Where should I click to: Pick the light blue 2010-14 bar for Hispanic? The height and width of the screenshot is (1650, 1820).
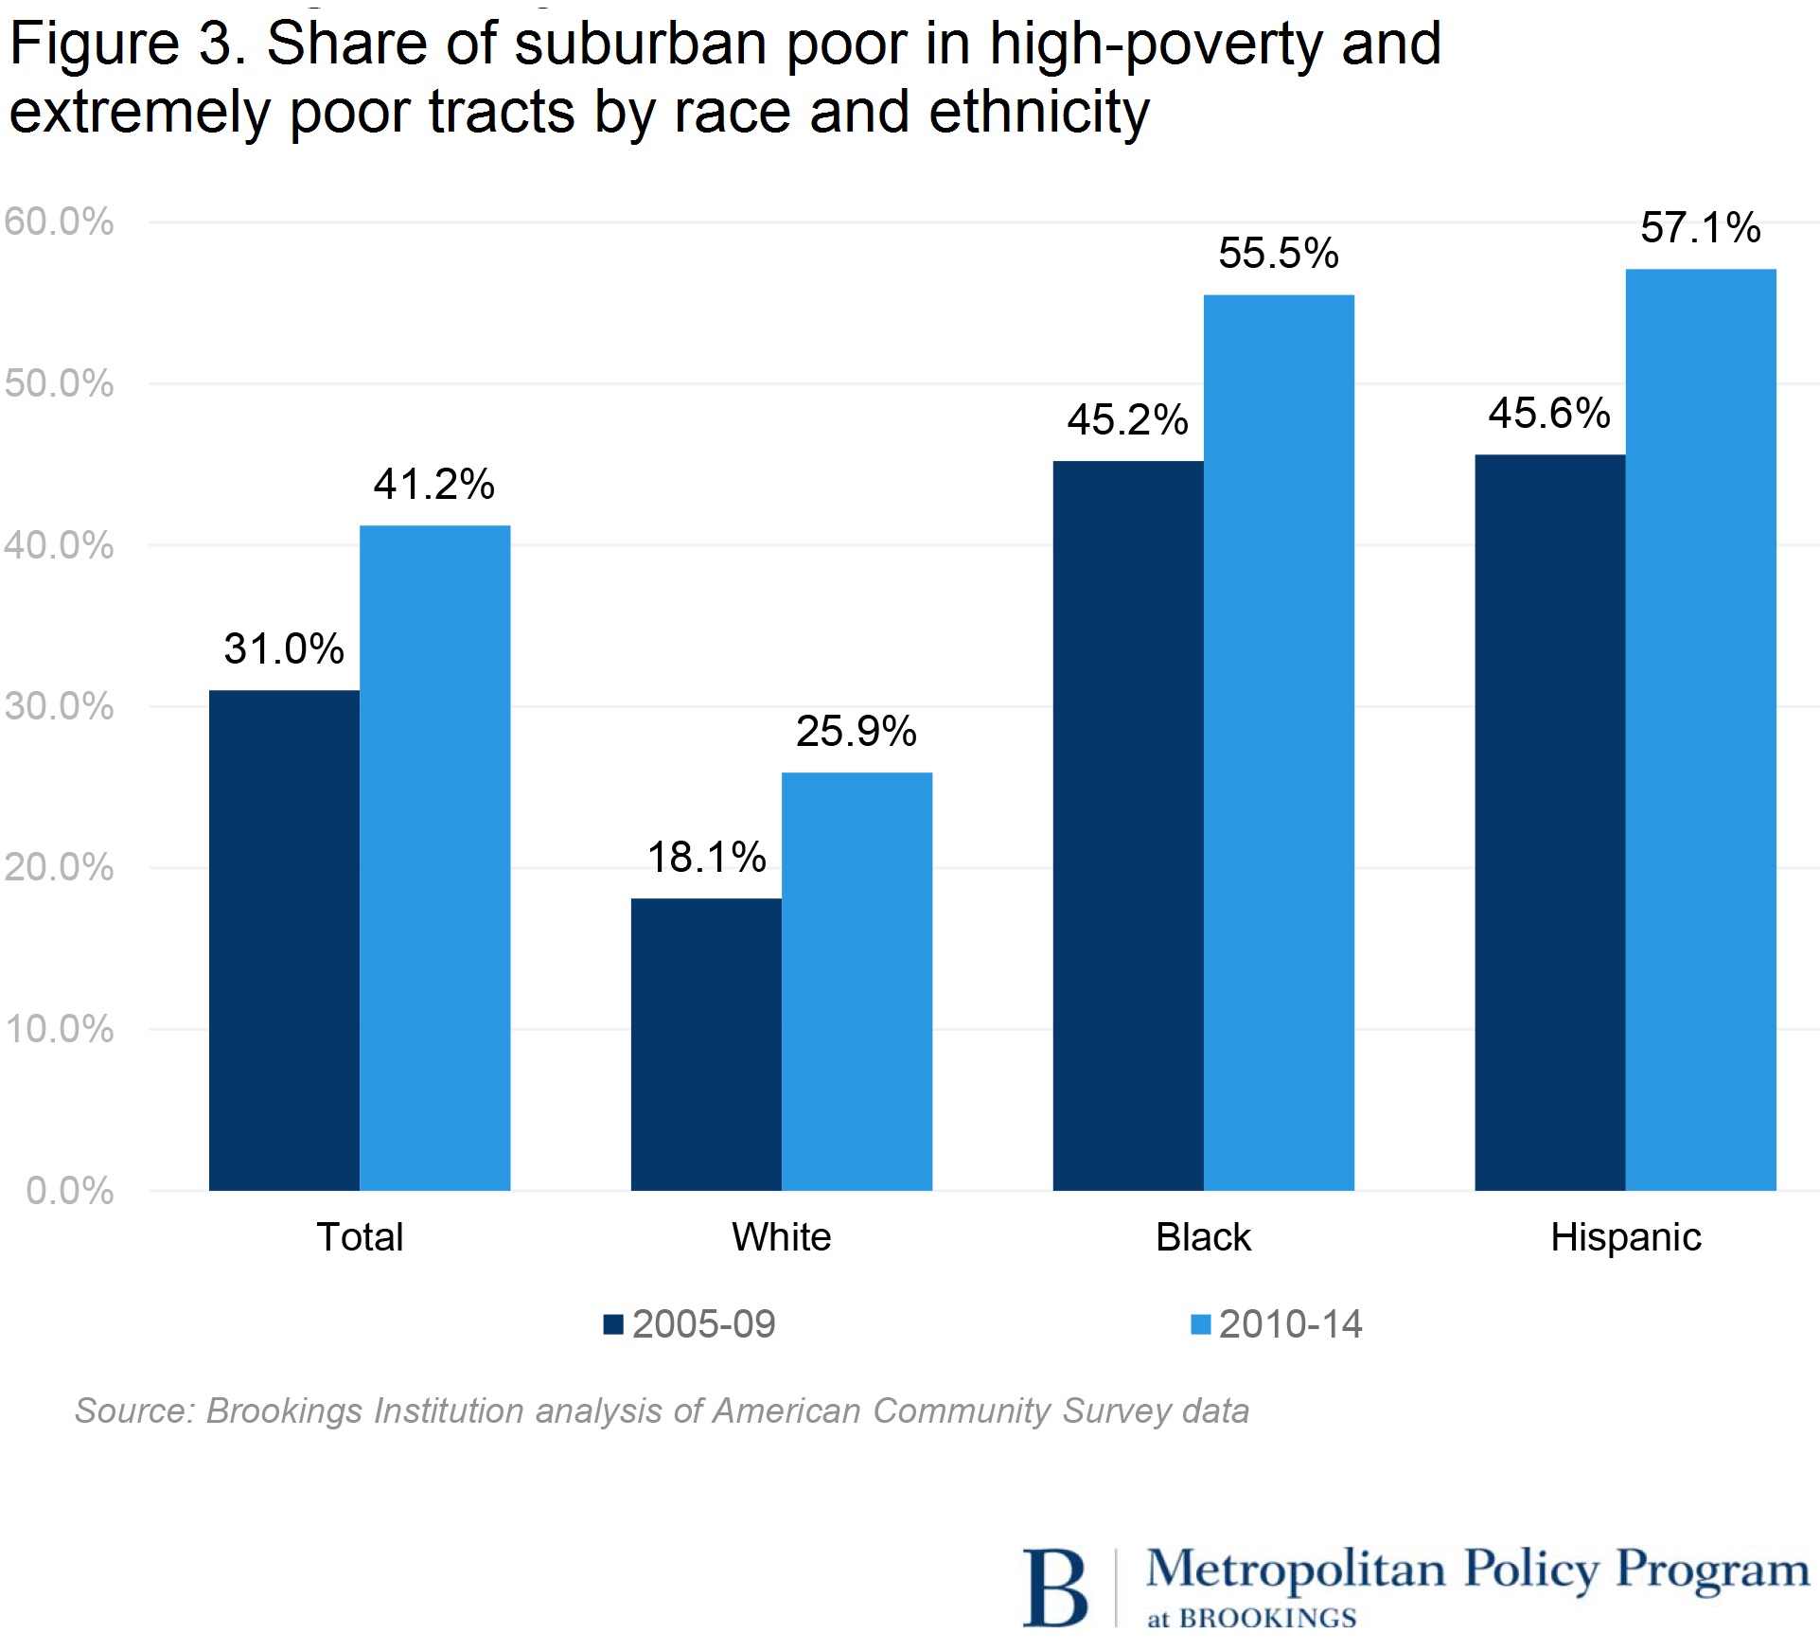pos(1701,729)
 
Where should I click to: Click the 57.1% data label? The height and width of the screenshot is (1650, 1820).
pos(1700,228)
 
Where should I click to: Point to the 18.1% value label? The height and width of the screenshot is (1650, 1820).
pos(706,858)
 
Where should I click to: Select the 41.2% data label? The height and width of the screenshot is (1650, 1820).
pos(433,485)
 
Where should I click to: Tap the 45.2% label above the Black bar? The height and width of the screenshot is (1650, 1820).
pos(1127,420)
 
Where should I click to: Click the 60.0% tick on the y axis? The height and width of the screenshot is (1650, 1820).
pos(59,222)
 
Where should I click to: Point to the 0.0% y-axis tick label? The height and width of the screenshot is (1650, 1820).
pos(69,1191)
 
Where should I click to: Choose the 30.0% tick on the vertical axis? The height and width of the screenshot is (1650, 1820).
pos(59,706)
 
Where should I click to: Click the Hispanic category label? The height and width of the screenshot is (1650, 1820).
pos(1625,1237)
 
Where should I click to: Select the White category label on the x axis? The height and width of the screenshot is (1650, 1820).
pos(781,1237)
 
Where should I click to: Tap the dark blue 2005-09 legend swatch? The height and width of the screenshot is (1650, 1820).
pos(613,1324)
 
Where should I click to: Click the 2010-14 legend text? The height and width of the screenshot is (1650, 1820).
pos(1290,1324)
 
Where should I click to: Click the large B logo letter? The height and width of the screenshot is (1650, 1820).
pos(1054,1587)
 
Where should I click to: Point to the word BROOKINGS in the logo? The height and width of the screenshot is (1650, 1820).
pos(1267,1619)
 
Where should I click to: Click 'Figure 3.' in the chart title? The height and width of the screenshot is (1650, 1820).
pos(128,44)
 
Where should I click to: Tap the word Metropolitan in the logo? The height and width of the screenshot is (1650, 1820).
pos(1295,1570)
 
